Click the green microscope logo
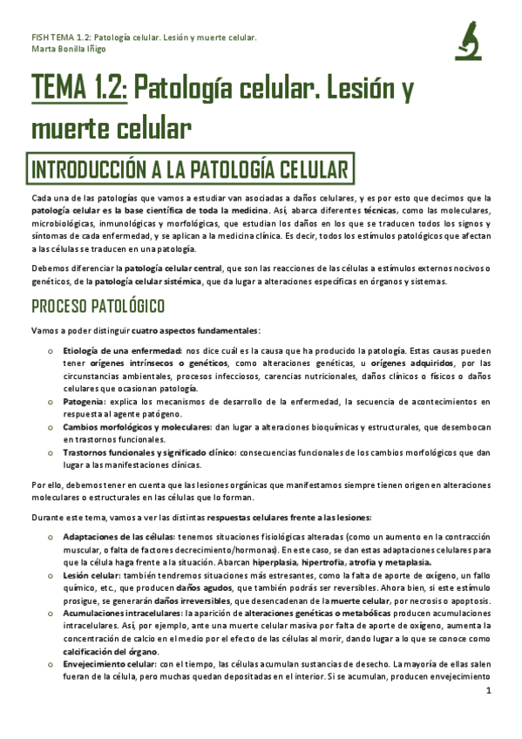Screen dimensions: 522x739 (470, 41)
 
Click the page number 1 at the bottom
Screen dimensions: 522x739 (490, 715)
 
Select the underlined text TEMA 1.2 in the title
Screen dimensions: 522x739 (78, 88)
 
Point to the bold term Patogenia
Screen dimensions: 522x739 (85, 402)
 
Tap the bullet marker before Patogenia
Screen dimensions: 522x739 (53, 402)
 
